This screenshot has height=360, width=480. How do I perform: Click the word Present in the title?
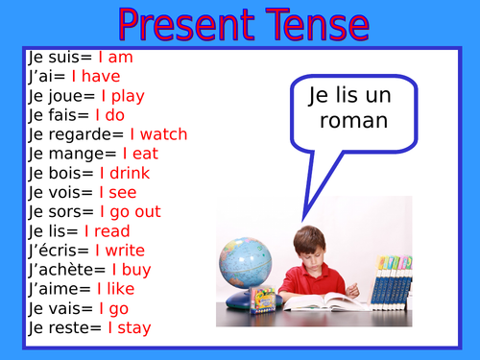click(x=181, y=26)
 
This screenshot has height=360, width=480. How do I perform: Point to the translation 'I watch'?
click(x=158, y=134)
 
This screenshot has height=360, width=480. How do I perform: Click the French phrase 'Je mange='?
click(x=65, y=154)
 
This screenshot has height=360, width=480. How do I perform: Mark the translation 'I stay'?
click(x=129, y=327)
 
